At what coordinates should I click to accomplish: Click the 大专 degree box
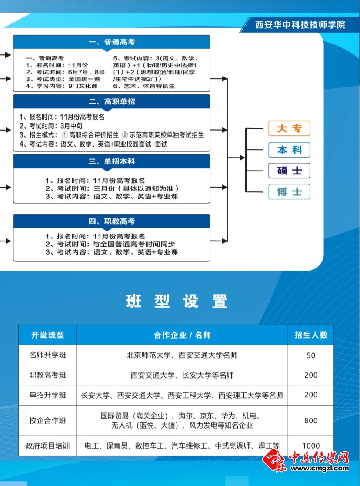pos(289,128)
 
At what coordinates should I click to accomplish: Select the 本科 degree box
pos(289,150)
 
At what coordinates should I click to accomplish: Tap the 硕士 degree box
pos(289,171)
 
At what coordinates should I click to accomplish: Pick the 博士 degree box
pos(289,191)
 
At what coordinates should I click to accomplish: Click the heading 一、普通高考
pos(112,42)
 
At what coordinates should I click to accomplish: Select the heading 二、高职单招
pos(112,102)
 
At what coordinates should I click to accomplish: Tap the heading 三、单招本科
pos(112,161)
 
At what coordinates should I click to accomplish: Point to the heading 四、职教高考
pos(112,221)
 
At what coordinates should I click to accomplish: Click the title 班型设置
pos(177,301)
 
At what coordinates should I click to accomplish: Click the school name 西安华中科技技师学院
pos(300,25)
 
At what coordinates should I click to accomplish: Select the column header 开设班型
pos(47,335)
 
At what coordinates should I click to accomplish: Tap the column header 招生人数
pos(311,335)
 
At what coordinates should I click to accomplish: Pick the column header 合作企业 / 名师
pos(182,335)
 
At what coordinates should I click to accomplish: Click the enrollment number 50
pos(311,355)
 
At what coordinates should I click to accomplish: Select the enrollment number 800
pos(311,421)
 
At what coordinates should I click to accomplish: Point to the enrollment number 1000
pos(311,446)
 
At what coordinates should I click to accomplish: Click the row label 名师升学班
pos(47,355)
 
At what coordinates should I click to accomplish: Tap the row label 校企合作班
pos(47,421)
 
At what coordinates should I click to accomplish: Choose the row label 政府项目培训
pos(47,446)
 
